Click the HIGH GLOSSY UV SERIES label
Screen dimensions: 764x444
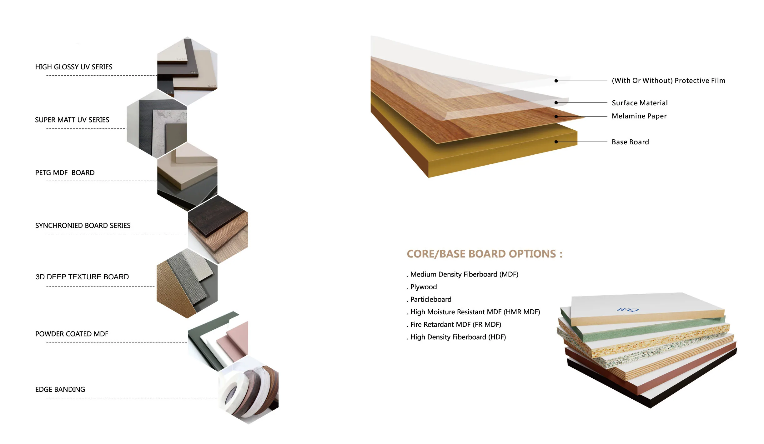[74, 67]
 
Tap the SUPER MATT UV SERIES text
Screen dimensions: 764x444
[72, 120]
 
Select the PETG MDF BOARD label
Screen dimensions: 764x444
[65, 172]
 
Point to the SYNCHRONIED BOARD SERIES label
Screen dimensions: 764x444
[83, 225]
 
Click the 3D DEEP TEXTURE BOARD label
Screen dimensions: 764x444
[82, 277]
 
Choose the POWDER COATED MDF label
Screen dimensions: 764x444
[72, 334]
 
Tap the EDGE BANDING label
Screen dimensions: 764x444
[60, 389]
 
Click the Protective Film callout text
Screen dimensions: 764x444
[668, 81]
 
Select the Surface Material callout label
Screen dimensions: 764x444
[640, 103]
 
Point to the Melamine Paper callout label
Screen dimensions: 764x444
[639, 116]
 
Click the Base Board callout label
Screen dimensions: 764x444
[630, 142]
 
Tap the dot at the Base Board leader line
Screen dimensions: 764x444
[556, 142]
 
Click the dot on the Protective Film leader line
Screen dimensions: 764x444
[556, 81]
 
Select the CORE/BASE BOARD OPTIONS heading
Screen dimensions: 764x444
[484, 254]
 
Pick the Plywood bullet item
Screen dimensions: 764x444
[423, 287]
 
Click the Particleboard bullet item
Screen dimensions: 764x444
[430, 299]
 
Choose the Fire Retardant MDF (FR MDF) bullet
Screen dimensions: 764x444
[455, 324]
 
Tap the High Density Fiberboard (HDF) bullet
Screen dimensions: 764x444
[458, 337]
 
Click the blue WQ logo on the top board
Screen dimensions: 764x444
[627, 310]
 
